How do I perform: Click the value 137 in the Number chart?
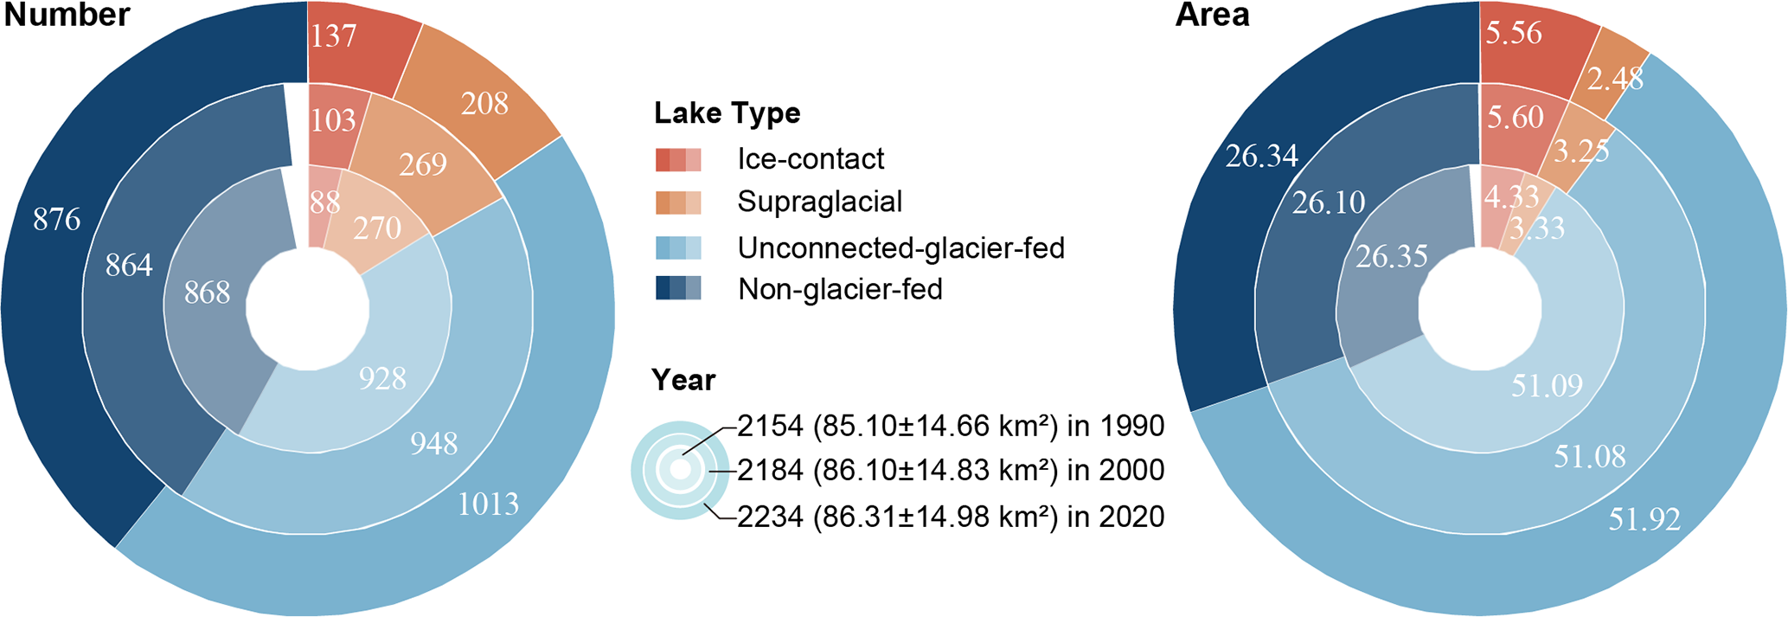(x=334, y=35)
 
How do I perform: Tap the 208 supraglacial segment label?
(x=484, y=103)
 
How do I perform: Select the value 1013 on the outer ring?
(x=488, y=503)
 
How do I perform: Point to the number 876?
(x=57, y=219)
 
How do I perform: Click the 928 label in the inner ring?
(x=382, y=378)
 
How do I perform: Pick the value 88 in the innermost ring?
(x=324, y=202)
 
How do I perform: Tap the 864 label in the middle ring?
(x=129, y=264)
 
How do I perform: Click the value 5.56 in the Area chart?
(x=1514, y=33)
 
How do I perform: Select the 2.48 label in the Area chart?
(x=1615, y=79)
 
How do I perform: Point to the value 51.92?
(x=1644, y=519)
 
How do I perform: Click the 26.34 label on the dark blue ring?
(x=1262, y=156)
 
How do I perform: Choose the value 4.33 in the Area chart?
(x=1511, y=197)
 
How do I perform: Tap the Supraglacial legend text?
(x=819, y=202)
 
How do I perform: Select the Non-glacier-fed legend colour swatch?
(x=678, y=288)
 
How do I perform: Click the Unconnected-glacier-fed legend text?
(x=901, y=248)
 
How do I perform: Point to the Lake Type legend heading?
(x=727, y=113)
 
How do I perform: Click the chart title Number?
(x=67, y=15)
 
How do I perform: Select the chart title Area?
(x=1213, y=15)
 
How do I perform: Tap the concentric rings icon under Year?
(x=680, y=470)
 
